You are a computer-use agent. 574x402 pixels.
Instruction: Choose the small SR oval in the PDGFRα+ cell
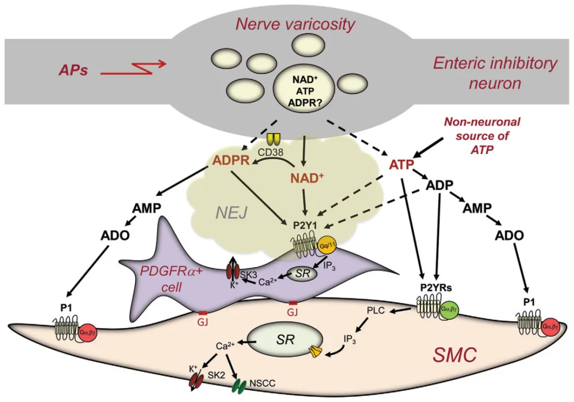[302, 273]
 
